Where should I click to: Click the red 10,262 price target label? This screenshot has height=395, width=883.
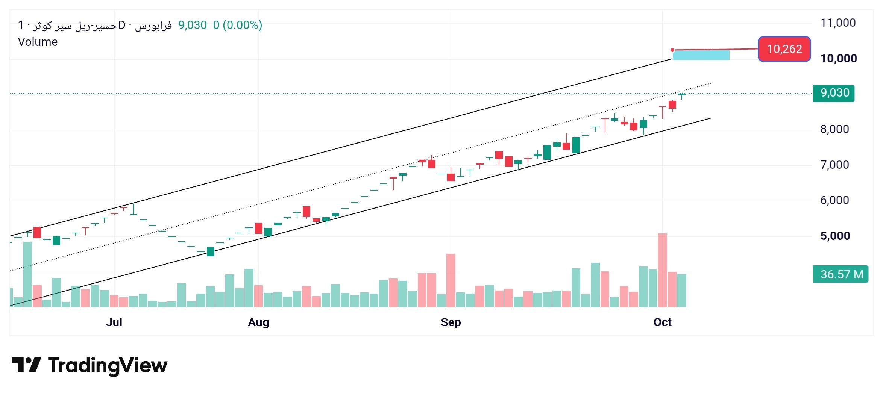click(x=784, y=49)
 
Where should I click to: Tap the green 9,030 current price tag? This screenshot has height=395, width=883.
click(x=833, y=93)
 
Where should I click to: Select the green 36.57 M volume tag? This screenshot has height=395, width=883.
click(x=841, y=274)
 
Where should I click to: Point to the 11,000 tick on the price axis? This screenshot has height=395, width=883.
click(x=838, y=23)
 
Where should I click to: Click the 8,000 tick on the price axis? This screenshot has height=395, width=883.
click(x=834, y=129)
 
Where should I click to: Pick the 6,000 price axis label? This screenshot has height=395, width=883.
click(x=834, y=200)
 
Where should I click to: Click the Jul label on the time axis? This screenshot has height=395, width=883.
click(x=114, y=322)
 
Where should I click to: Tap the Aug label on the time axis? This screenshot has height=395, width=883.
click(x=258, y=322)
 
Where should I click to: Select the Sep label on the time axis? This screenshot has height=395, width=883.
click(x=451, y=322)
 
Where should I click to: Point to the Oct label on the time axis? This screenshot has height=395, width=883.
click(x=662, y=322)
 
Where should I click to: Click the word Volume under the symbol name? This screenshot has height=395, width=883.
click(x=38, y=42)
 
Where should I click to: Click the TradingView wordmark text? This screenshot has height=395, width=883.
click(x=108, y=365)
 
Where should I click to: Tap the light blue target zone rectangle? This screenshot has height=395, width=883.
click(x=701, y=55)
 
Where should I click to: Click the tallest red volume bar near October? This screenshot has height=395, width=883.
click(x=662, y=270)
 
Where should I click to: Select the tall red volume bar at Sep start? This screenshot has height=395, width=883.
click(x=451, y=280)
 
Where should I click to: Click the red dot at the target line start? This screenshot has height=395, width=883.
click(x=672, y=50)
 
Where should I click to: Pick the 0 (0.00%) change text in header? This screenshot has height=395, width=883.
click(x=237, y=25)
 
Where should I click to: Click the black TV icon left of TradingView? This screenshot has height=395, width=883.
click(x=26, y=365)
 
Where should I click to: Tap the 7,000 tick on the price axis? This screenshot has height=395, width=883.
click(x=834, y=165)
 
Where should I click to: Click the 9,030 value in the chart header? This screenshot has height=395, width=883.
click(x=192, y=25)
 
